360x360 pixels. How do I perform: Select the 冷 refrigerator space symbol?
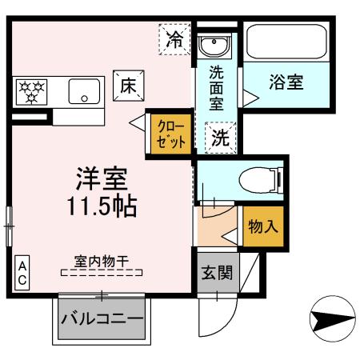click(x=174, y=39)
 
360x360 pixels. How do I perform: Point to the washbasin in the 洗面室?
click(x=214, y=46)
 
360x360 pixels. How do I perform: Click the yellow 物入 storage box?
click(x=263, y=227)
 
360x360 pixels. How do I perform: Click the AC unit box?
click(x=23, y=273)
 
